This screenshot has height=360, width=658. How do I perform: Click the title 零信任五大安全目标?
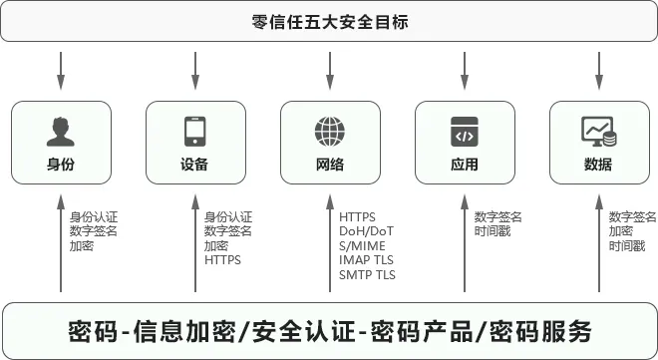pos(330,21)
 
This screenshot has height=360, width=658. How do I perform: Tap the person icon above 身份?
pos(61,131)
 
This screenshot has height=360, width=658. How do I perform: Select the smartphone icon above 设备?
pos(195,131)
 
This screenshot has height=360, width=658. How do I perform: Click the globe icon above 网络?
pos(330,131)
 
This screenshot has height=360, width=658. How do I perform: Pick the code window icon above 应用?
pos(465,131)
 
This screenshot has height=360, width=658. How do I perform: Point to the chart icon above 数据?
pos(598,131)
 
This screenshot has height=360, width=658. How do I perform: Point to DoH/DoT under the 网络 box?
pos(367,231)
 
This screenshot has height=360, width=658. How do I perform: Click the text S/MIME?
pos(362,245)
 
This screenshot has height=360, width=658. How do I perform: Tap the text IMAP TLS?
pos(367,260)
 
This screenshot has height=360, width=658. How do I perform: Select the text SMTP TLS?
pos(367,274)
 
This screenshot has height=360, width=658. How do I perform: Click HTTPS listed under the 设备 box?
pos(222,260)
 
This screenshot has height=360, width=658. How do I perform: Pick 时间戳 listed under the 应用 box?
pos(492,231)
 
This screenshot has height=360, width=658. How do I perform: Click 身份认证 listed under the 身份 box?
pos(94,216)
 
